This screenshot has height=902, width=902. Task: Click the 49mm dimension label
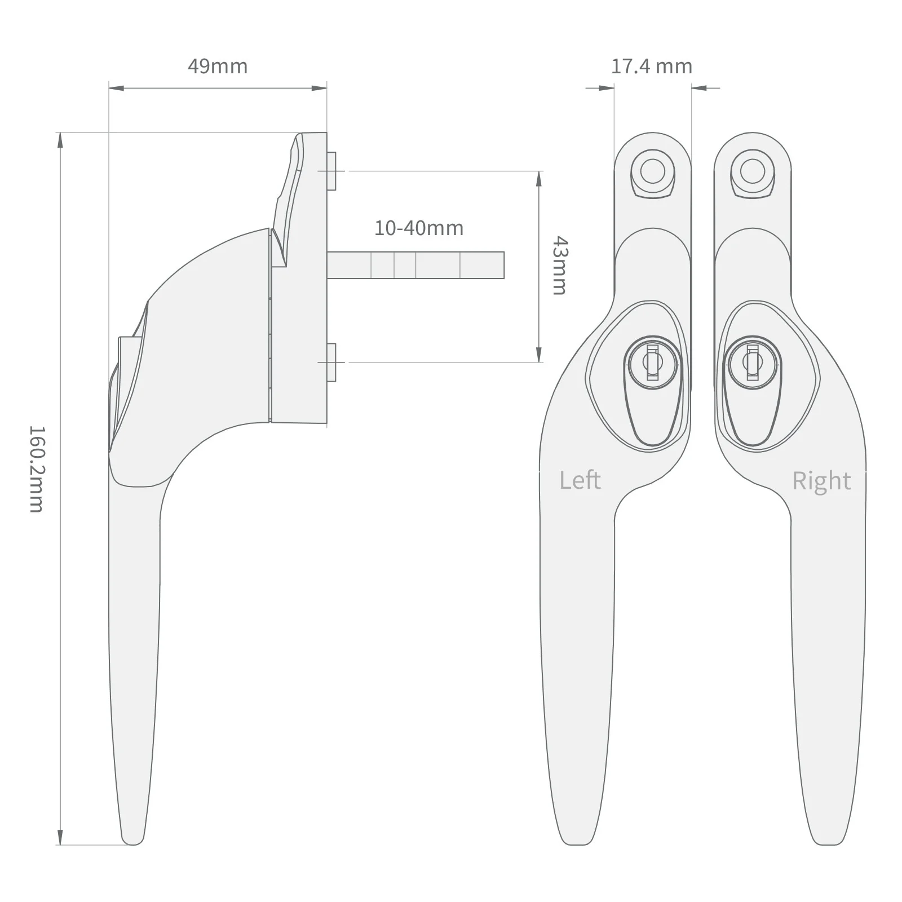pyautogui.click(x=218, y=67)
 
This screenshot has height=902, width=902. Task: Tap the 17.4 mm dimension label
pyautogui.click(x=652, y=67)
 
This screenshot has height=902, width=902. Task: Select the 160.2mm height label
pyautogui.click(x=36, y=468)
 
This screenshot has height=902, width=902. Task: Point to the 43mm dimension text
pyautogui.click(x=559, y=266)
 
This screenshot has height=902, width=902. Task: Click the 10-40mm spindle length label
pyautogui.click(x=419, y=228)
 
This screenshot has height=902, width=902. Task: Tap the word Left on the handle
pyautogui.click(x=580, y=480)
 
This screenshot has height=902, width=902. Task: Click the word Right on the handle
pyautogui.click(x=821, y=481)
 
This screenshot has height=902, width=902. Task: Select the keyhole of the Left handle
pyautogui.click(x=652, y=363)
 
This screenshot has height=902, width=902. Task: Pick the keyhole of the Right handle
pyautogui.click(x=753, y=363)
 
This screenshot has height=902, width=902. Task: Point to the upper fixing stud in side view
pyautogui.click(x=331, y=171)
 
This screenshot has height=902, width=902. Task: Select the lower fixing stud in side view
pyautogui.click(x=331, y=362)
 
